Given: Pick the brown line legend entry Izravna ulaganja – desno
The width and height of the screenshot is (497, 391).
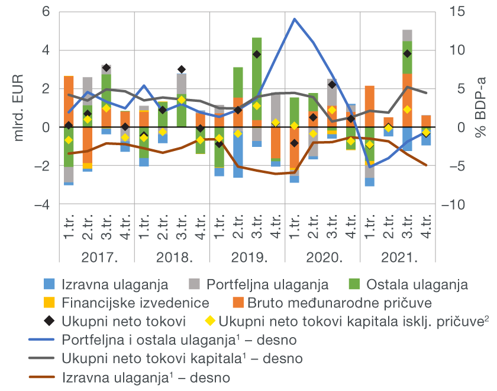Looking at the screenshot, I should [x=145, y=377].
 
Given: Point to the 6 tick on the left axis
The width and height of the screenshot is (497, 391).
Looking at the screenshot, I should [x=46, y=12].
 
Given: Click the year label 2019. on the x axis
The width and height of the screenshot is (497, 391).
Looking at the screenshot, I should [x=247, y=258].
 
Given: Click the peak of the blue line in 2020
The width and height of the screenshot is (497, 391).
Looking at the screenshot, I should [x=294, y=19].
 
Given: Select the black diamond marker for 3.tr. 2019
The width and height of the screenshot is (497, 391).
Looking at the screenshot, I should [x=257, y=55].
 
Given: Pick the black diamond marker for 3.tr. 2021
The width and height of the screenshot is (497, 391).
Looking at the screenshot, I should [x=407, y=54].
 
